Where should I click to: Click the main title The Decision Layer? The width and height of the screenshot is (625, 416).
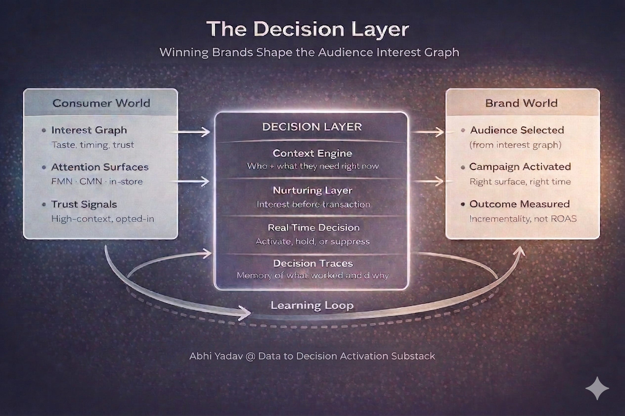click(x=308, y=29)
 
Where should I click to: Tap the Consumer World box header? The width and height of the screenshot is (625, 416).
click(x=101, y=103)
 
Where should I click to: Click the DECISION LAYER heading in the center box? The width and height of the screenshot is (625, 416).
click(x=312, y=127)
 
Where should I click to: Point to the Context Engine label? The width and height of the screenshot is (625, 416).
click(x=312, y=153)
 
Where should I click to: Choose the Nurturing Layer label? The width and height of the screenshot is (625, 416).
click(x=312, y=190)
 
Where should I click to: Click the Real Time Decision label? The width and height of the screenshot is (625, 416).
click(x=313, y=227)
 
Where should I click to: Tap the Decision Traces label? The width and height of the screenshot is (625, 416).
click(x=313, y=263)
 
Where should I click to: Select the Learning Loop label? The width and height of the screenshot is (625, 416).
click(x=312, y=305)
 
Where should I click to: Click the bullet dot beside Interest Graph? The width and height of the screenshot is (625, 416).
click(x=44, y=130)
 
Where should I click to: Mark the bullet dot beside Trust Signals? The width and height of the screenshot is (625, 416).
click(x=44, y=205)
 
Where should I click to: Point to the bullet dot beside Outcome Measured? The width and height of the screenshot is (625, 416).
click(x=463, y=204)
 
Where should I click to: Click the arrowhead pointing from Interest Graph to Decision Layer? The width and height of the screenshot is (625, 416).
click(x=205, y=132)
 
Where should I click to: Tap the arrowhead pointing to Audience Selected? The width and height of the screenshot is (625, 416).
click(x=439, y=132)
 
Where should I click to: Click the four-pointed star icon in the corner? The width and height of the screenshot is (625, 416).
click(x=597, y=388)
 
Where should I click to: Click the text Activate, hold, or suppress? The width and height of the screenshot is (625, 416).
click(x=312, y=242)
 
